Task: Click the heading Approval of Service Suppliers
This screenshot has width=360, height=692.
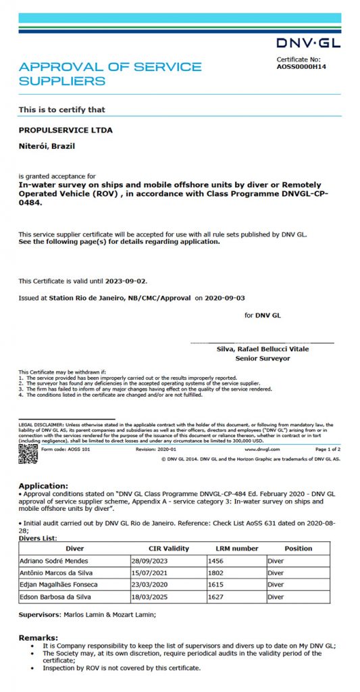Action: (110, 74)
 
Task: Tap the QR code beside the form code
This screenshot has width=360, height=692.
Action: (28, 453)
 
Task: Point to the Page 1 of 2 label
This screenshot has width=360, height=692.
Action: (328, 449)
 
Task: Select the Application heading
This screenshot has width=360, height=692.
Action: (43, 485)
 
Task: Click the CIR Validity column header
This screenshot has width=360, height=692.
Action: (168, 548)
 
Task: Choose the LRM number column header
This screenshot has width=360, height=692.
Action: (236, 548)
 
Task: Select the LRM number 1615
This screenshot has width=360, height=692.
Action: (218, 585)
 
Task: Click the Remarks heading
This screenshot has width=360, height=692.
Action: (38, 637)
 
